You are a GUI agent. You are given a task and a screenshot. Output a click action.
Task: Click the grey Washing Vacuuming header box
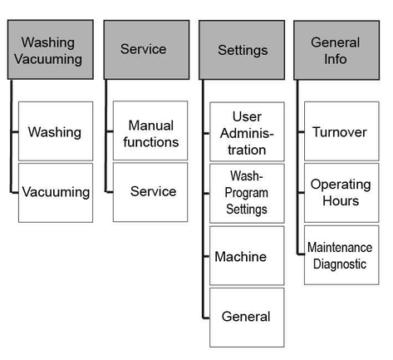[x=51, y=50]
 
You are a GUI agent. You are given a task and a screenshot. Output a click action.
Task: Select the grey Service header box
[x=146, y=50]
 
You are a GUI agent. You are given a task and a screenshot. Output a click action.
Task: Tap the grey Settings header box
[x=242, y=50]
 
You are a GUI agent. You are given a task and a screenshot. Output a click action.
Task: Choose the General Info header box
[x=337, y=50]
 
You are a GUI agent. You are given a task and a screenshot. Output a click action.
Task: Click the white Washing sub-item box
[x=56, y=131]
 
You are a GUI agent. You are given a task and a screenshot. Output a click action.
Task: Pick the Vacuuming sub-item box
[x=56, y=193]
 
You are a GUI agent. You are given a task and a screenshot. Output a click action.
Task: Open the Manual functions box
[x=150, y=131]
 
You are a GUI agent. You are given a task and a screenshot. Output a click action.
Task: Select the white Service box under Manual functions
[x=150, y=192]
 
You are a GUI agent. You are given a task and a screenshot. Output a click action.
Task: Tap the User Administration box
[x=247, y=131]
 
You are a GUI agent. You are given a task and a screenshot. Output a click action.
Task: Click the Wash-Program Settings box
[x=247, y=194]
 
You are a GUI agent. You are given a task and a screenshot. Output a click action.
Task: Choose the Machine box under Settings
[x=247, y=255]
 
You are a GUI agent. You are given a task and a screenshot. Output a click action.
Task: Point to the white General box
[x=247, y=318]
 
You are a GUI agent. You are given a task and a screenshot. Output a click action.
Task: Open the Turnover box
[x=341, y=131]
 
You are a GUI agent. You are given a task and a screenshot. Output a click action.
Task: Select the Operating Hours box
[x=341, y=193]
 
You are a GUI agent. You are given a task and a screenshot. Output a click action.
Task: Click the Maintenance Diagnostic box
[x=341, y=255]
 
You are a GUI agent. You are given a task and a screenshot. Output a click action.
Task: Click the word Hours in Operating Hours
[x=341, y=200]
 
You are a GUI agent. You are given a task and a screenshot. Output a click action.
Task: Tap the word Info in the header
[x=336, y=59]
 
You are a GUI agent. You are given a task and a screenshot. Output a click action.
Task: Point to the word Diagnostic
[x=340, y=264]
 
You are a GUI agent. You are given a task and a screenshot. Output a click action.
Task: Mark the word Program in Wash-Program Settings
[x=247, y=193]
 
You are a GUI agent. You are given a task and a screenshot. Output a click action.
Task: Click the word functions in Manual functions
[x=151, y=142]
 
